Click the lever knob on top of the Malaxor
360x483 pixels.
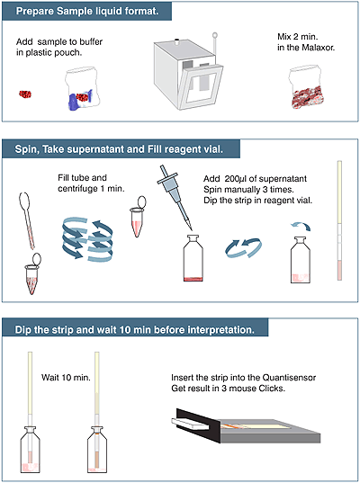click(215, 35)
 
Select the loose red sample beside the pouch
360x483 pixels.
click(25, 94)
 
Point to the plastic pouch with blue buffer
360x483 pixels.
click(82, 89)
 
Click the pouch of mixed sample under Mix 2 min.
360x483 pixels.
click(305, 87)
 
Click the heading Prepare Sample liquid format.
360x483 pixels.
click(87, 12)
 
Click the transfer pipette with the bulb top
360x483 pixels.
click(27, 220)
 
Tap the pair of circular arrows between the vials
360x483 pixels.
click(244, 248)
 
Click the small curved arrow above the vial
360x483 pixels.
click(301, 227)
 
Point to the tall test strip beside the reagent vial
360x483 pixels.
click(339, 220)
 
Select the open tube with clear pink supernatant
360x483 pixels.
click(138, 216)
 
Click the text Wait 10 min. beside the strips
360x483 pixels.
click(66, 378)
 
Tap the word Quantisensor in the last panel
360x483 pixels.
click(289, 378)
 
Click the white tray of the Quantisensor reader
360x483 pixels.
click(190, 424)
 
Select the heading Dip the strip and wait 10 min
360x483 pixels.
click(135, 330)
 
